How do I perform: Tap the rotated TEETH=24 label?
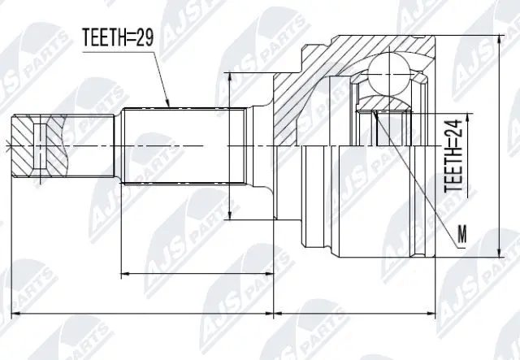456,155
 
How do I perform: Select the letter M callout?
462,235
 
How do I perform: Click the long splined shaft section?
184,146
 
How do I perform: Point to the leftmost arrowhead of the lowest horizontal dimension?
9,311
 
